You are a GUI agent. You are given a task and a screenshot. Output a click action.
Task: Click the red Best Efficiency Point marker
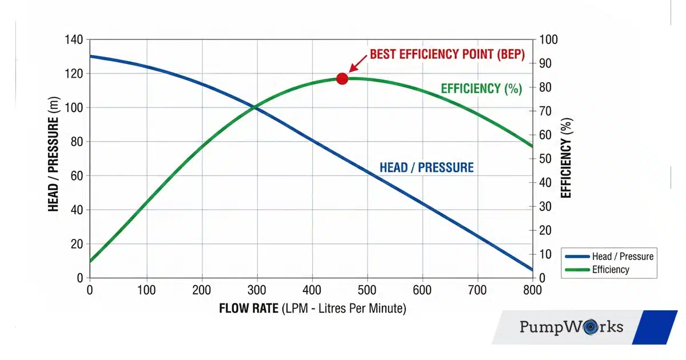[x=342, y=78]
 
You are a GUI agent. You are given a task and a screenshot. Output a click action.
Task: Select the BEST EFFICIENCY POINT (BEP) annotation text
[x=446, y=54]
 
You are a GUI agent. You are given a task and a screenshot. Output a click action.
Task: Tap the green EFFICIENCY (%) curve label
[x=481, y=89]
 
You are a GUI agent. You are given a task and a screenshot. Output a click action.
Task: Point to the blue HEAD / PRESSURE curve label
[x=426, y=167]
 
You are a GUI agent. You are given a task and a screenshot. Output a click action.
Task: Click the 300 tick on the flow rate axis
[x=257, y=290]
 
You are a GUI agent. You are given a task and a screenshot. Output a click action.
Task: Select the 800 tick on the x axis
[x=532, y=290]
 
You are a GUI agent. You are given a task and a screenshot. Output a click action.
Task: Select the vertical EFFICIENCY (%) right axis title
[x=566, y=158]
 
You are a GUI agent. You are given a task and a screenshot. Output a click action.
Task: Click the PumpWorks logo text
[x=571, y=327]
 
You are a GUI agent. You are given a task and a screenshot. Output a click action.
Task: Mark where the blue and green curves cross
[x=255, y=107]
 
